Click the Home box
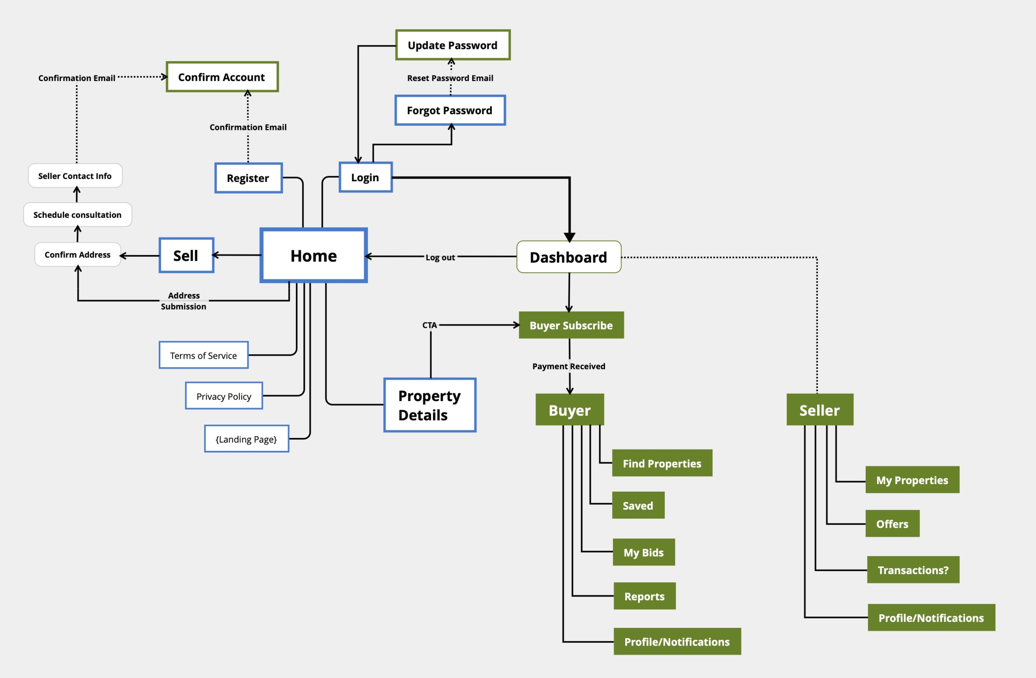313,255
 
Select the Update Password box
453,45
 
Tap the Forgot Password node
450,111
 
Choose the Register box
248,178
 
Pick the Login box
365,177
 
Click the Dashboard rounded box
569,257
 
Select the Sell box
186,255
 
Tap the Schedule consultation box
77,215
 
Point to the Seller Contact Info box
75,176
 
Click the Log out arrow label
440,257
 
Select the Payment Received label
569,366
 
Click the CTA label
429,325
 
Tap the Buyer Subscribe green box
571,325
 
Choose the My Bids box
643,553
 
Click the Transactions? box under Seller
913,570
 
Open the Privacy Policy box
224,396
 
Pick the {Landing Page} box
246,439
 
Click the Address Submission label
184,301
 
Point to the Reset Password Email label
450,78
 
